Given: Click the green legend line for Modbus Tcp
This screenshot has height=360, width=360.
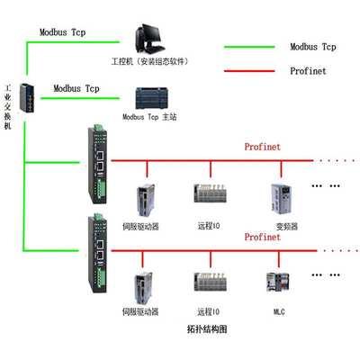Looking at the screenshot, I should click(252, 46).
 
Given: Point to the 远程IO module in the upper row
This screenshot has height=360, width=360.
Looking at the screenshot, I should click(211, 193).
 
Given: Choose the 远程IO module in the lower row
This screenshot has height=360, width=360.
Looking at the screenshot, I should click(211, 281).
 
